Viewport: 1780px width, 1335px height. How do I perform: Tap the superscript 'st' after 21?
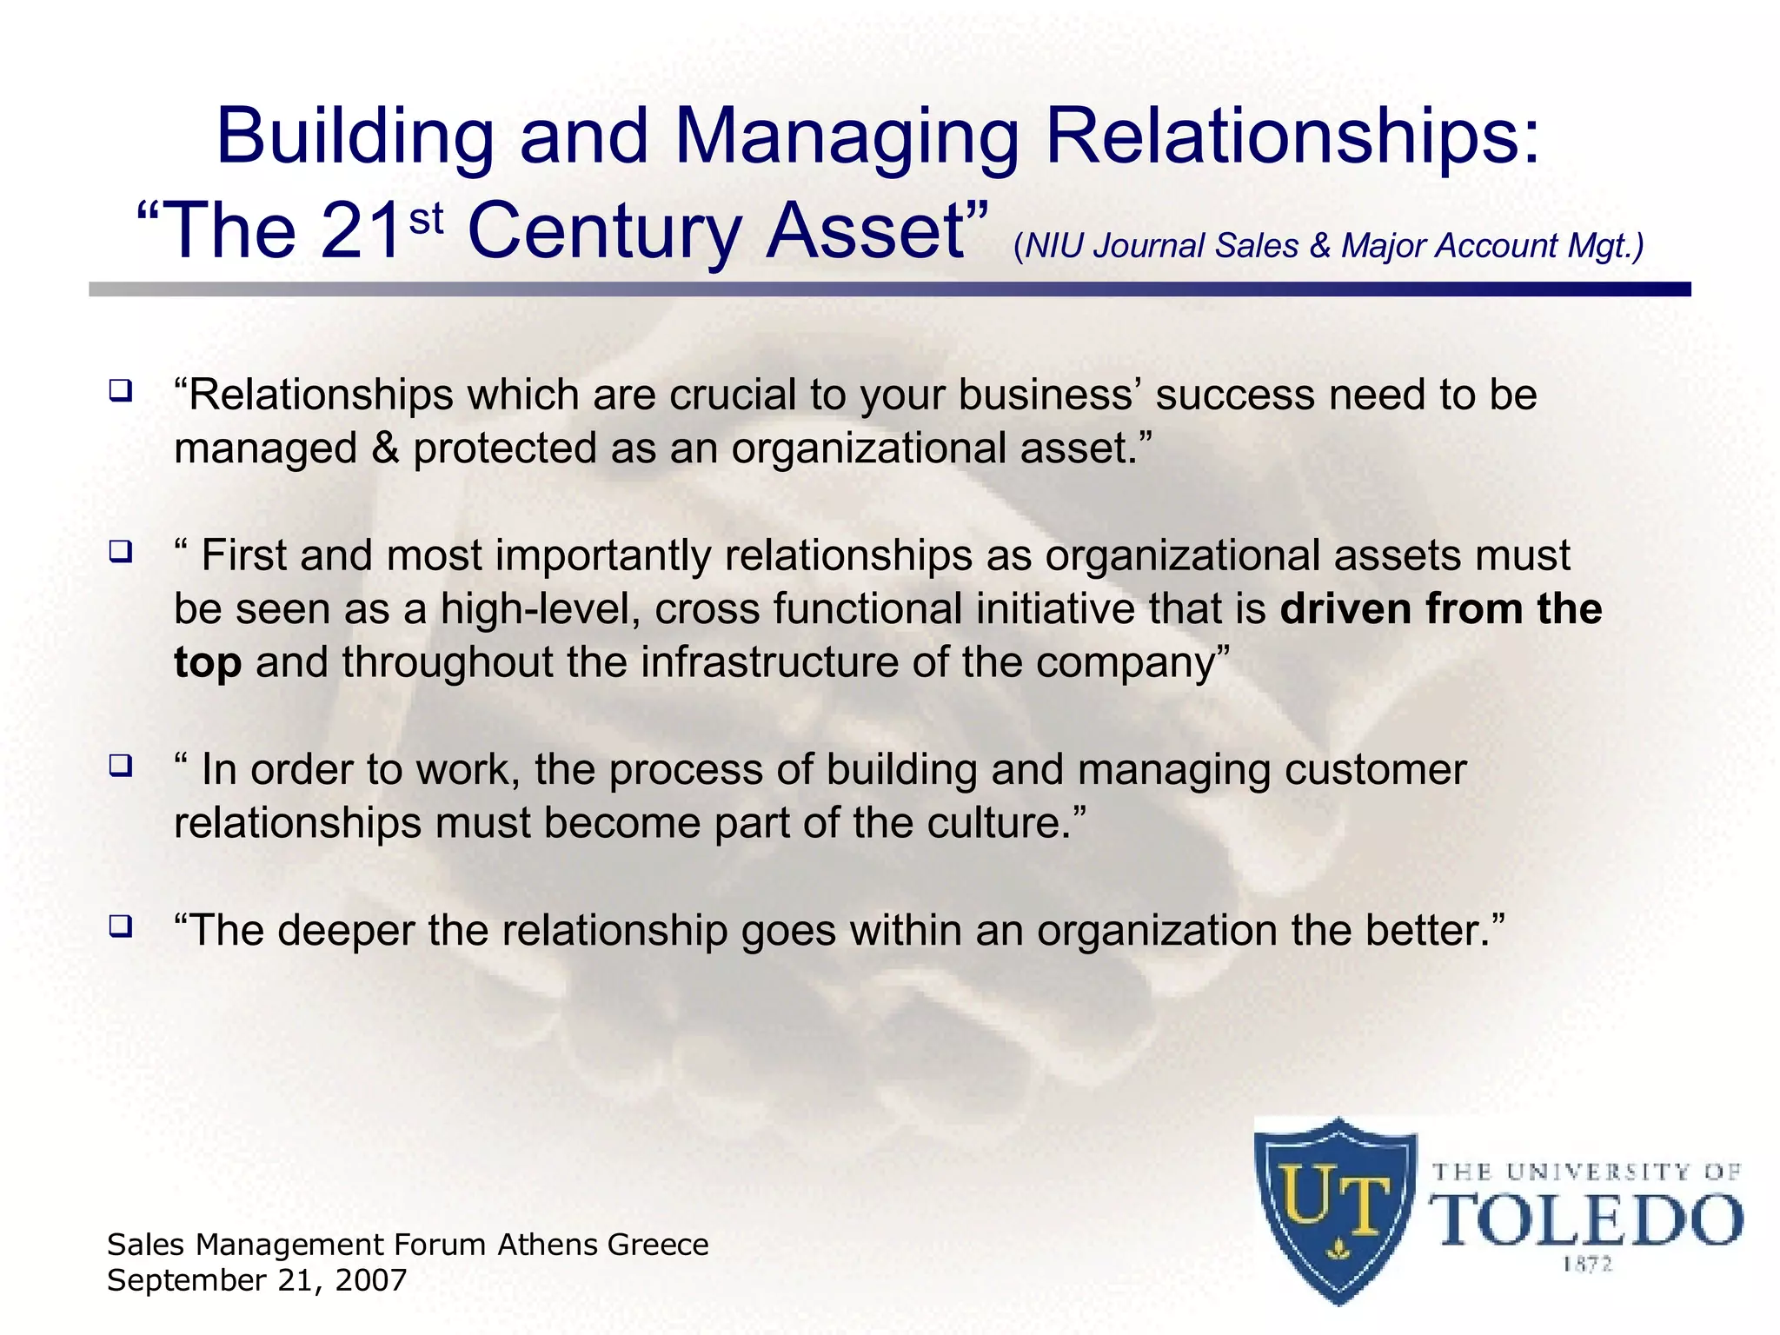click(x=426, y=219)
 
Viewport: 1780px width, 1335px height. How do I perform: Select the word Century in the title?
click(x=604, y=233)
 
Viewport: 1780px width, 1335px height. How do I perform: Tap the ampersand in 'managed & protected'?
click(x=385, y=449)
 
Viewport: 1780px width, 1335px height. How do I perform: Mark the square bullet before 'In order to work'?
click(x=120, y=765)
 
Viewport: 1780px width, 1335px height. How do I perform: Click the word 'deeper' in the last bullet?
click(x=345, y=931)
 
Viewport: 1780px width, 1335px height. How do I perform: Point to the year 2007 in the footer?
click(x=370, y=1280)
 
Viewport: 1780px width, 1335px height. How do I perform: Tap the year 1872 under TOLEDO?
click(x=1587, y=1265)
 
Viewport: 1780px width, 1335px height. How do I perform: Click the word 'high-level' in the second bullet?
click(x=540, y=609)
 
